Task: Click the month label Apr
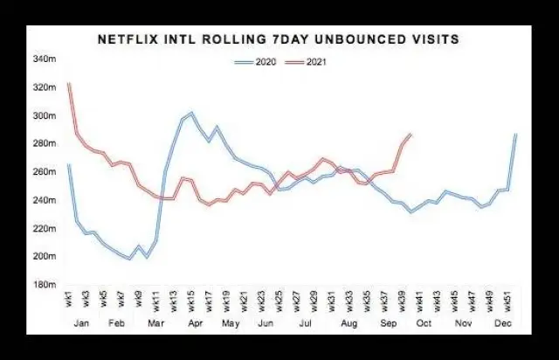tap(192, 323)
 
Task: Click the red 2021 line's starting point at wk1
tap(68, 83)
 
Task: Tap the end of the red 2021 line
tap(411, 134)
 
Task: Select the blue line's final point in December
tap(516, 134)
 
